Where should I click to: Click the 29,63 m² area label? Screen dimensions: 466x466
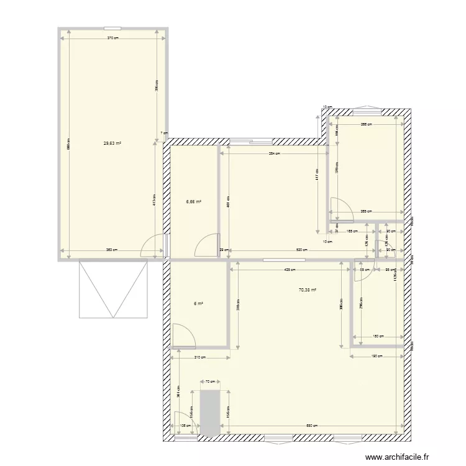112,143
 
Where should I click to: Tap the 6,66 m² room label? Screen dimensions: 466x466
194,201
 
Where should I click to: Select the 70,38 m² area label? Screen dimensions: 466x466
308,290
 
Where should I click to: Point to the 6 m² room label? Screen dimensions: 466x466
198,304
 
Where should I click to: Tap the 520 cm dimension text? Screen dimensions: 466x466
301,250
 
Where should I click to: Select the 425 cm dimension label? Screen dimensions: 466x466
290,270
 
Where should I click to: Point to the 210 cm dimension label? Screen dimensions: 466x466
199,357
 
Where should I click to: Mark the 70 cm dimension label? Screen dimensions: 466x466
211,382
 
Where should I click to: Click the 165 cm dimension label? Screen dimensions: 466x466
352,231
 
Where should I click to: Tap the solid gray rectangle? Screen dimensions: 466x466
210,413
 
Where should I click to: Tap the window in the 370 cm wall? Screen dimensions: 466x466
112,28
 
